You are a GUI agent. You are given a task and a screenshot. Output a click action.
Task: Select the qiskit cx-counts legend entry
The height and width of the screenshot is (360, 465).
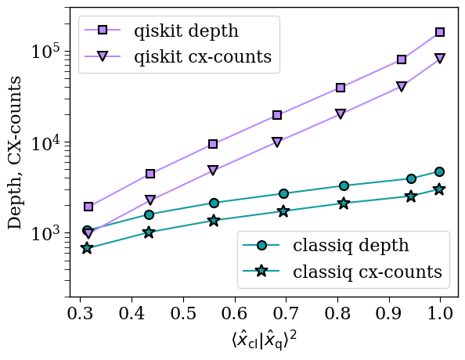203,57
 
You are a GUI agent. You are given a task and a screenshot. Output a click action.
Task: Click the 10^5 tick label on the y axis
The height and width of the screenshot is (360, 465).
47,52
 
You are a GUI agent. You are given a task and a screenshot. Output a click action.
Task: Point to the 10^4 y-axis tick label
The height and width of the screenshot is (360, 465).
47,143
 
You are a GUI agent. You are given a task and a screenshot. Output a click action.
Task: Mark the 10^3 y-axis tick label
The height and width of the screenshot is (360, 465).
47,235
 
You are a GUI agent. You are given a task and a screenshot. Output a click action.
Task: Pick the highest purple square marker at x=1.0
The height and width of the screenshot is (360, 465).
440,32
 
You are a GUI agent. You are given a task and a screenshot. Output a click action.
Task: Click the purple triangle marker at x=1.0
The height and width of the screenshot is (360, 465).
440,59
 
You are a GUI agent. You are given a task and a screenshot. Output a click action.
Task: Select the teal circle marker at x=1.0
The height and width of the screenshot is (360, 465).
440,171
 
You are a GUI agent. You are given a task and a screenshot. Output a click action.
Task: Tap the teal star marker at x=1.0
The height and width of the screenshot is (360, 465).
440,189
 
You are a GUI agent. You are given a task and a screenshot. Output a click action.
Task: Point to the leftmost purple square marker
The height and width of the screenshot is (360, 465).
88,207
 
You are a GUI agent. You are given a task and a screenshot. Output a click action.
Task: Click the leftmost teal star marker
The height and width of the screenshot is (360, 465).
87,248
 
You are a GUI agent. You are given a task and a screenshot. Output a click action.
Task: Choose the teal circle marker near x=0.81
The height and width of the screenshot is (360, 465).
344,185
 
